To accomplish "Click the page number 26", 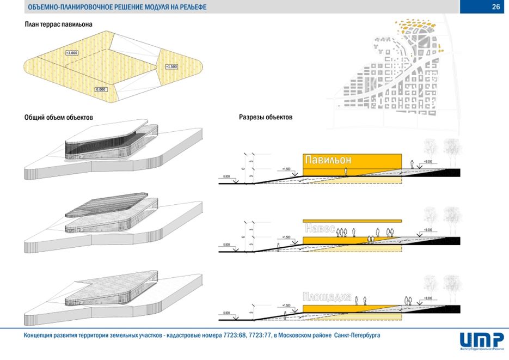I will (x=495, y=7).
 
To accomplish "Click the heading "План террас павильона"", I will (x=59, y=25).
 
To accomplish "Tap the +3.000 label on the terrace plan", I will (x=72, y=53).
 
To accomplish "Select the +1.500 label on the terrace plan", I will (x=171, y=66).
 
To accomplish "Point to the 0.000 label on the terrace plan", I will (x=101, y=89).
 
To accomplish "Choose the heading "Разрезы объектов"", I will (x=266, y=117).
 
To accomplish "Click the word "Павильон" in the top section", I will (x=328, y=160).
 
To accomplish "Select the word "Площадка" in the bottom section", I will (x=327, y=297).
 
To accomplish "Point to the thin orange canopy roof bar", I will (x=352, y=221).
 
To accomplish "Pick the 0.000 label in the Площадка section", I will (x=226, y=313).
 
